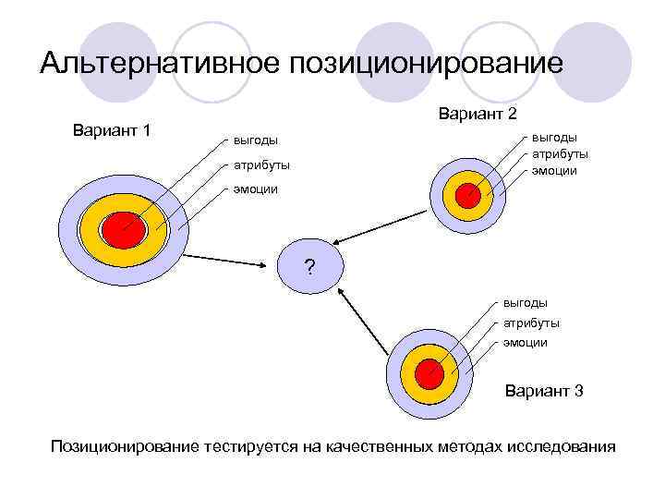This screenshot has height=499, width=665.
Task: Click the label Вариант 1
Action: tap(112, 129)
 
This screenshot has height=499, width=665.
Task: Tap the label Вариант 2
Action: tap(478, 114)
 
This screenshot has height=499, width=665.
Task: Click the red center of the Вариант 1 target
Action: tap(120, 228)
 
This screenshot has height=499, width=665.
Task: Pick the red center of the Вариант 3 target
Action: tap(429, 373)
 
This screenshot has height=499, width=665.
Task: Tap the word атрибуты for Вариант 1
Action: tap(261, 165)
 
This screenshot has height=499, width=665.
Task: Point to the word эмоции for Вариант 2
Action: tap(553, 171)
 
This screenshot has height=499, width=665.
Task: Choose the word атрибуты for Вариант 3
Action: tap(531, 323)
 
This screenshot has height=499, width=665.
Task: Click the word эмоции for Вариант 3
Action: tap(525, 342)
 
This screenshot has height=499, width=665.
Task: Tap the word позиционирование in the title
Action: tap(426, 64)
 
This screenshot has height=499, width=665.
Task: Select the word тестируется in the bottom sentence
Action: tap(250, 447)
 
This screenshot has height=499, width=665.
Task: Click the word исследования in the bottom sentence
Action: tap(561, 447)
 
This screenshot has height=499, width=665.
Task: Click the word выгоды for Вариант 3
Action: tap(525, 302)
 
